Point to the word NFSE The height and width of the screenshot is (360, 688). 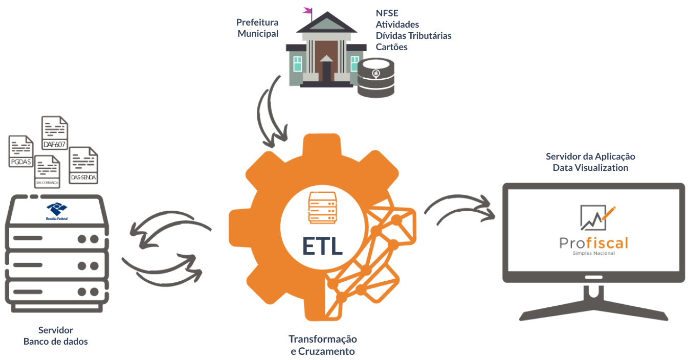387,13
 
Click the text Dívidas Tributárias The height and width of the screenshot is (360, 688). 413,36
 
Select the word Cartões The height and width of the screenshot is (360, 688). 392,47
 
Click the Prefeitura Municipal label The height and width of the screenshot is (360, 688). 258,28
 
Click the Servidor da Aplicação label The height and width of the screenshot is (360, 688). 590,156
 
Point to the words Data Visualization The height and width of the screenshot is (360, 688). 590,168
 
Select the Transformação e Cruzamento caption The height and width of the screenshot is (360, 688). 322,345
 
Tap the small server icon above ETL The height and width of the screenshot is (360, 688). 321,207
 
